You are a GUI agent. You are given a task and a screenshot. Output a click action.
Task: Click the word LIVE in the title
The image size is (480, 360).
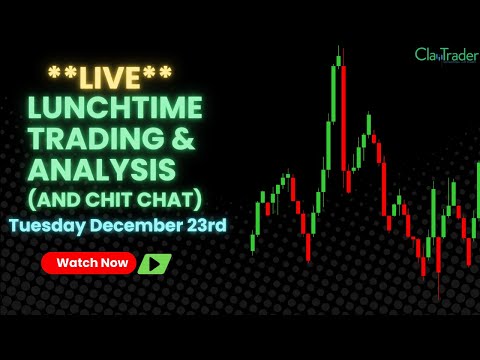[110, 75]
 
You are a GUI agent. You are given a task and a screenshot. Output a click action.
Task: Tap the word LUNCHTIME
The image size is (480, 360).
[116, 107]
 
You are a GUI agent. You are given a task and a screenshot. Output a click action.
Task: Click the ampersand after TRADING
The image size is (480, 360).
[191, 136]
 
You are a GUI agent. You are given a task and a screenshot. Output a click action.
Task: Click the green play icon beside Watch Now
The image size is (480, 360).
[154, 264]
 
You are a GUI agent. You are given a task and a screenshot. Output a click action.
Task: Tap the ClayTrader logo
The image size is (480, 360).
[446, 54]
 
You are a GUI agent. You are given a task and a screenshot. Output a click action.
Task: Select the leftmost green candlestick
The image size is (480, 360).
[253, 242]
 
